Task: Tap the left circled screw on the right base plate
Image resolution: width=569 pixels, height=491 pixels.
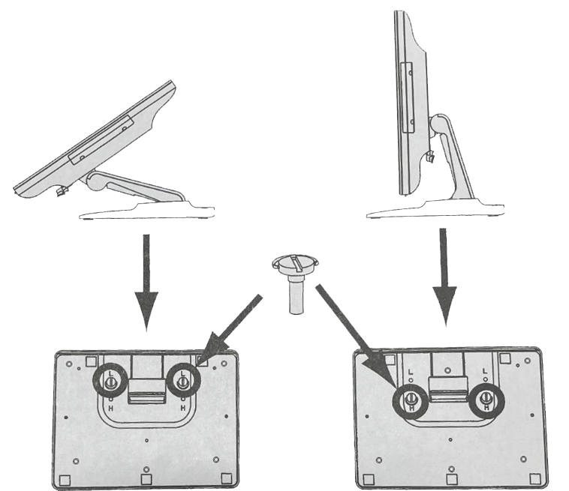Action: point(410,399)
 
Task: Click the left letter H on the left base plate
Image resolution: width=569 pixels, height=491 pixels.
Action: point(110,408)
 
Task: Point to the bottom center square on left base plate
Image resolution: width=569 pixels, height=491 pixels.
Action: point(146,478)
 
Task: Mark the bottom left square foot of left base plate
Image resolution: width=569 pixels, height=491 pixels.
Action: point(65,478)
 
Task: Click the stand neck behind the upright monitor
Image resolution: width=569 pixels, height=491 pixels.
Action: point(449,154)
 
